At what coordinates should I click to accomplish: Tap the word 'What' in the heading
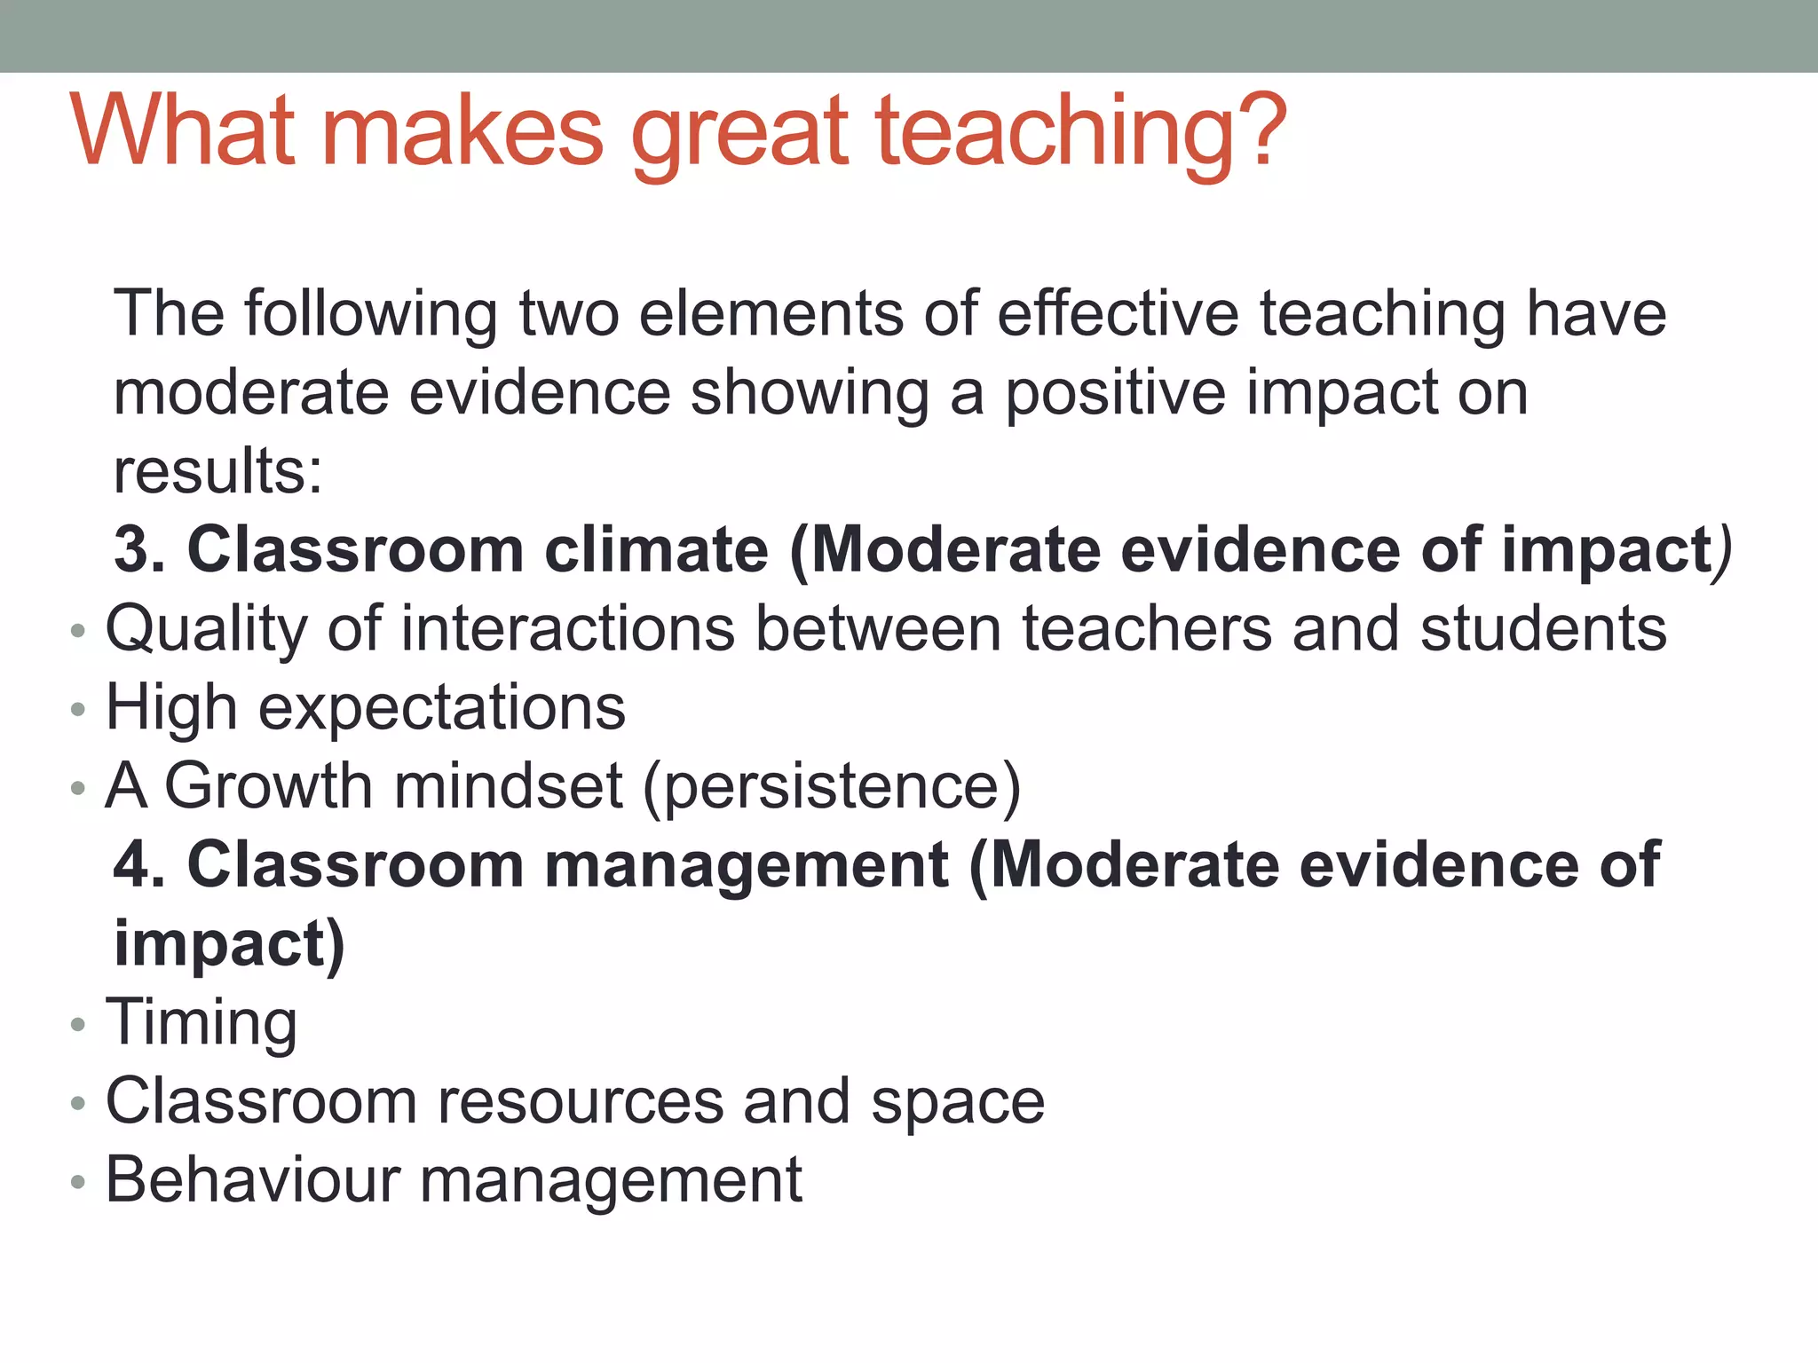click(182, 131)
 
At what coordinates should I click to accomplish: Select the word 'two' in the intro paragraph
click(569, 314)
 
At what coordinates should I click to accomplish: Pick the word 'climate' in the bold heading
click(656, 550)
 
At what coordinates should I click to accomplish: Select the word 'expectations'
click(441, 708)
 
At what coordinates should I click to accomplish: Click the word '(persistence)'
click(832, 787)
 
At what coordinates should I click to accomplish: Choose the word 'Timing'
click(202, 1023)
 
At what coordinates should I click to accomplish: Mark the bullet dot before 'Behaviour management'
click(78, 1182)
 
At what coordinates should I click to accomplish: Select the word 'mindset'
click(509, 787)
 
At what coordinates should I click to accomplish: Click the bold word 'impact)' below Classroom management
click(229, 943)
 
